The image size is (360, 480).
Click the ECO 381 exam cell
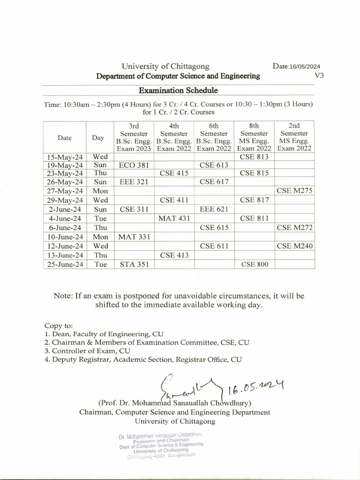[134, 165]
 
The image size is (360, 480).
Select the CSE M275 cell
[294, 191]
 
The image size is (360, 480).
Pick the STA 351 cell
[134, 264]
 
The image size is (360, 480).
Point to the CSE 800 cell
[255, 264]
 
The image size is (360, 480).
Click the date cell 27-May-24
[65, 191]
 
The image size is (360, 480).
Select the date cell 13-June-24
[65, 255]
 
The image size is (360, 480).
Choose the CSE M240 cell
[294, 246]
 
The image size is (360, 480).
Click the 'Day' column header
[98, 138]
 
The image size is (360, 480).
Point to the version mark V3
[319, 75]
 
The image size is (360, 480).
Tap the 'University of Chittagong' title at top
[165, 67]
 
